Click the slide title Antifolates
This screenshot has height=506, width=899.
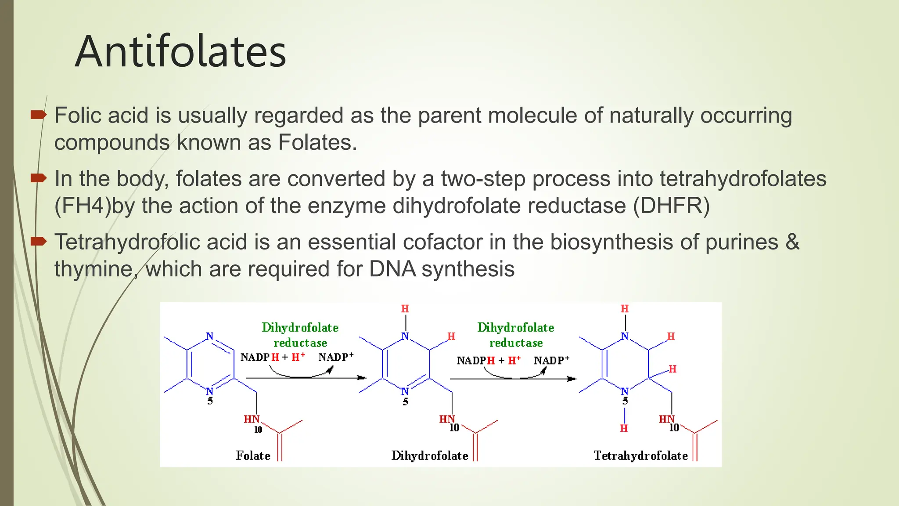[x=180, y=52]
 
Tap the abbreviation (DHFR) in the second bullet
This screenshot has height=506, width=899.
[x=671, y=206]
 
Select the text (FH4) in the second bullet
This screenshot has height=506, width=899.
[x=83, y=206]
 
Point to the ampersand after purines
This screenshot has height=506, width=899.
[x=792, y=242]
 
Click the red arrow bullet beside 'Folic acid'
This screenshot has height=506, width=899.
[x=39, y=115]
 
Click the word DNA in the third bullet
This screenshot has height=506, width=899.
[x=392, y=269]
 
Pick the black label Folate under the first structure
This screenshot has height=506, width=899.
[x=253, y=455]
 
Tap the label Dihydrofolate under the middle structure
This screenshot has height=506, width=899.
[x=429, y=455]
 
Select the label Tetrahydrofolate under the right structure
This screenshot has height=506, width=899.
[x=640, y=455]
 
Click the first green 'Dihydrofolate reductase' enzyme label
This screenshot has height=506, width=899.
[x=300, y=335]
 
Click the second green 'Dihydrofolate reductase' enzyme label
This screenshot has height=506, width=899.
[x=516, y=335]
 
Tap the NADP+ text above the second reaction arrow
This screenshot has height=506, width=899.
[x=551, y=361]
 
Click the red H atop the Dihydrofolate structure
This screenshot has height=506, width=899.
[x=405, y=309]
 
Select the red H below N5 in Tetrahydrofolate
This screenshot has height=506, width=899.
[x=624, y=428]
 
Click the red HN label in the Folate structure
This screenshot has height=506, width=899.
[x=252, y=419]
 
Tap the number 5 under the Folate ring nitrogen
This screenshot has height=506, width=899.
[x=210, y=401]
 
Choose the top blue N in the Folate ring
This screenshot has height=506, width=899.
[x=210, y=336]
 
